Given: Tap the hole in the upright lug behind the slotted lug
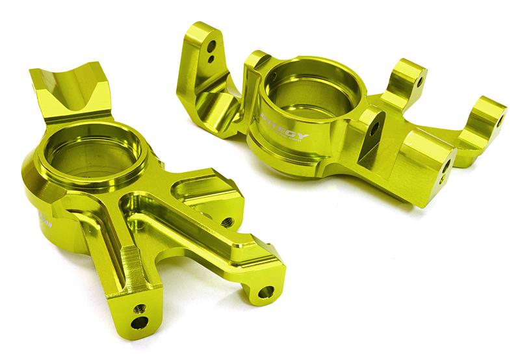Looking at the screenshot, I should pyautogui.click(x=421, y=82).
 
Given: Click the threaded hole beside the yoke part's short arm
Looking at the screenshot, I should pyautogui.click(x=227, y=221).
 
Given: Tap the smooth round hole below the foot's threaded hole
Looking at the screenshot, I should pyautogui.click(x=138, y=323).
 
